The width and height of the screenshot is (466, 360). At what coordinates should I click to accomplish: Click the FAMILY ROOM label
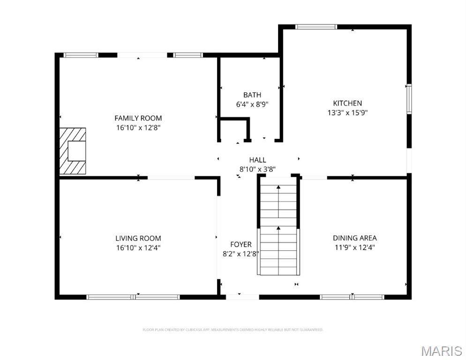(138, 118)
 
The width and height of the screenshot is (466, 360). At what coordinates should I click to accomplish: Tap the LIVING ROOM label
(138, 238)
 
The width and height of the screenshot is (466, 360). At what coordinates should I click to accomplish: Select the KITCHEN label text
(347, 103)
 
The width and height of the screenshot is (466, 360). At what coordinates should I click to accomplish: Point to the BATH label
(252, 95)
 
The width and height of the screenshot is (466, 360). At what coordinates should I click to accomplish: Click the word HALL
(257, 160)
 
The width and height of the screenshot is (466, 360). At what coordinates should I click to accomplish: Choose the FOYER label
(241, 245)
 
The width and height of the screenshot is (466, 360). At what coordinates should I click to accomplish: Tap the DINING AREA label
(354, 238)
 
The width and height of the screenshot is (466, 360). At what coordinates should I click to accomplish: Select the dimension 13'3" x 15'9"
(347, 112)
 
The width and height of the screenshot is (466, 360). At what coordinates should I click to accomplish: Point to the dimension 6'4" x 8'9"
(252, 105)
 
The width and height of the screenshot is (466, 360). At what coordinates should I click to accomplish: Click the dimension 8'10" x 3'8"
(257, 169)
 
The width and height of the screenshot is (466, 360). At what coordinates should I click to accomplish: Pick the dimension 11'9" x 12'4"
(354, 247)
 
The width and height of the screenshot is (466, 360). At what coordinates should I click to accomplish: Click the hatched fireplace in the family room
(73, 150)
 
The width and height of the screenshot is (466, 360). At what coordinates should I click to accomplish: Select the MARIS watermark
(441, 351)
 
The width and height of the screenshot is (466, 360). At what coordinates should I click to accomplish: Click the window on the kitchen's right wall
(409, 99)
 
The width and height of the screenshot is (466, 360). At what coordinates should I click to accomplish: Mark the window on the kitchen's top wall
(316, 27)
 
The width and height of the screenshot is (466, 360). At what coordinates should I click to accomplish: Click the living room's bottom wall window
(133, 297)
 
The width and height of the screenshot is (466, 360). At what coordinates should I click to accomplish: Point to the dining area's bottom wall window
(352, 297)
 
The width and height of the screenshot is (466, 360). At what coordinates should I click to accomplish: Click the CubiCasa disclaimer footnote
(233, 330)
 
